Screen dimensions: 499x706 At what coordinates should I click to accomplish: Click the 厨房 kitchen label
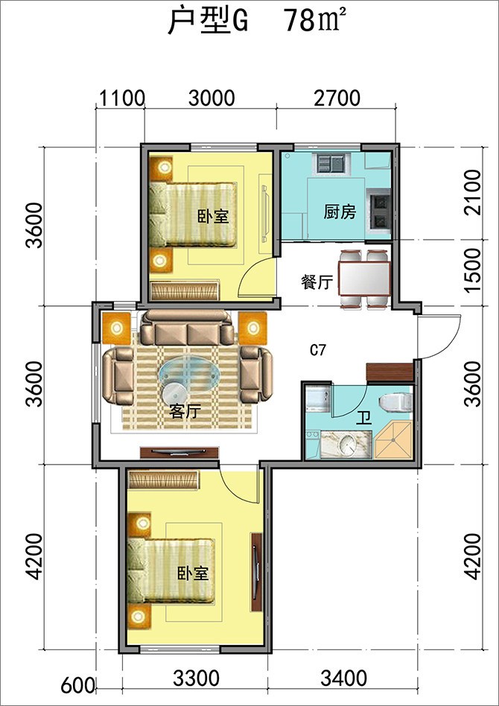click(340, 212)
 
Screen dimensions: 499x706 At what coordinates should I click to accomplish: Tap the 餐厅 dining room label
click(317, 282)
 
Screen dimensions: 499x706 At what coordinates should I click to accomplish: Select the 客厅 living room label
click(185, 411)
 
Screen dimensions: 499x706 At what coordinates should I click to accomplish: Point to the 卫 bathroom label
click(363, 419)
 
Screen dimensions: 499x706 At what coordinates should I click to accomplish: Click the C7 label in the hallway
click(318, 350)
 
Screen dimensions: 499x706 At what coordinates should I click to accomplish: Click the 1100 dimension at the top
click(121, 98)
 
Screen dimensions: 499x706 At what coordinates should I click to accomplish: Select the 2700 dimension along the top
click(337, 98)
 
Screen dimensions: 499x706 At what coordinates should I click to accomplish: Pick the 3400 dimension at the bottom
click(343, 677)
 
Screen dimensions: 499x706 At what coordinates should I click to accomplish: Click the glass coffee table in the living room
click(190, 373)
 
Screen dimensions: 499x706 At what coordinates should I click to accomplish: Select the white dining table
click(364, 279)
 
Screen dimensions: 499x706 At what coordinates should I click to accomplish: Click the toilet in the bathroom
click(396, 401)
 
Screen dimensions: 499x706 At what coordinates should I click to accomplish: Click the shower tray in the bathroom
click(393, 441)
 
